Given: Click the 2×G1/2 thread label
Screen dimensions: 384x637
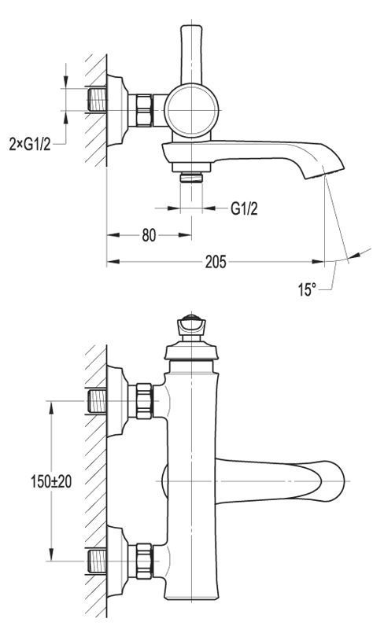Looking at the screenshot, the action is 30,144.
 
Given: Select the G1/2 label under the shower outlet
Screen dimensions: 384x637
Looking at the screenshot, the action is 244,209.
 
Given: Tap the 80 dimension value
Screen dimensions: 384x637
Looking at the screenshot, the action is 150,235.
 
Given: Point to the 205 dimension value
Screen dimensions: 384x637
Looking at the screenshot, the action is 216,262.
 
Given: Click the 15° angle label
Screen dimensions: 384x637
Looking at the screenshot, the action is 307,289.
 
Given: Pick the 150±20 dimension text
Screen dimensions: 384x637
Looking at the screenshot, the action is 51,481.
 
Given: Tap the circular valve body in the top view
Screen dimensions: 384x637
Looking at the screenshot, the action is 191,110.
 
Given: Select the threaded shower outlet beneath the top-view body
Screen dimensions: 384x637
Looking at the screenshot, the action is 191,177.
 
